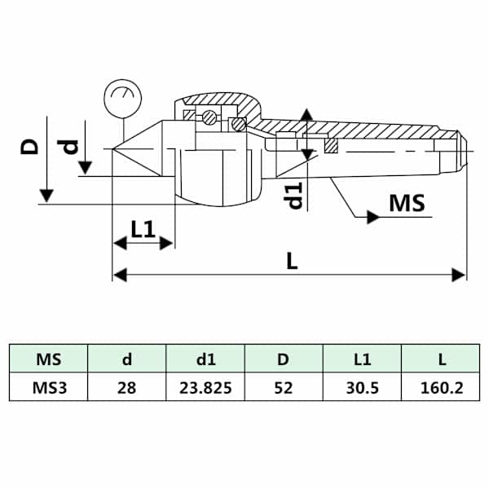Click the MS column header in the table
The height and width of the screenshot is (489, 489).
[x=48, y=359]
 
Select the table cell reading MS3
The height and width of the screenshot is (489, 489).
[x=49, y=388]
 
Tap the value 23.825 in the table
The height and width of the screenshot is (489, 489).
[x=205, y=388]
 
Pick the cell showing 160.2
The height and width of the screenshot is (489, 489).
[x=442, y=388]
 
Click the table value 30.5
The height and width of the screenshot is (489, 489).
[x=362, y=388]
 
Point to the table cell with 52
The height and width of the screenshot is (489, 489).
[x=283, y=388]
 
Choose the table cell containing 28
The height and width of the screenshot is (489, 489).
[x=126, y=388]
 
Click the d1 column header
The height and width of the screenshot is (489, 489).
[x=206, y=359]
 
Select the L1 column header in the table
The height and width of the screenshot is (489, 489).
[x=363, y=359]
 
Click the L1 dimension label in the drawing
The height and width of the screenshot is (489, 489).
[x=143, y=229]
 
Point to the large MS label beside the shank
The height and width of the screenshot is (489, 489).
[x=407, y=203]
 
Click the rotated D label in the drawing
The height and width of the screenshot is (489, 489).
[x=29, y=147]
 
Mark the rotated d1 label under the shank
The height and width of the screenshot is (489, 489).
[x=295, y=195]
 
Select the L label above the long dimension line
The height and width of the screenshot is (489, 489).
[x=292, y=261]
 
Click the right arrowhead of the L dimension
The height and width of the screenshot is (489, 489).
[x=458, y=275]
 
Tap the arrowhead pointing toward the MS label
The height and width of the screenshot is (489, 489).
[x=373, y=217]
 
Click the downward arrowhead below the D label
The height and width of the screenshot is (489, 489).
[x=46, y=196]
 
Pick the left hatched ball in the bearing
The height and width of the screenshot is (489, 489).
[x=209, y=118]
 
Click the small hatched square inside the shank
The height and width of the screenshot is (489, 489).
[x=331, y=146]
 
